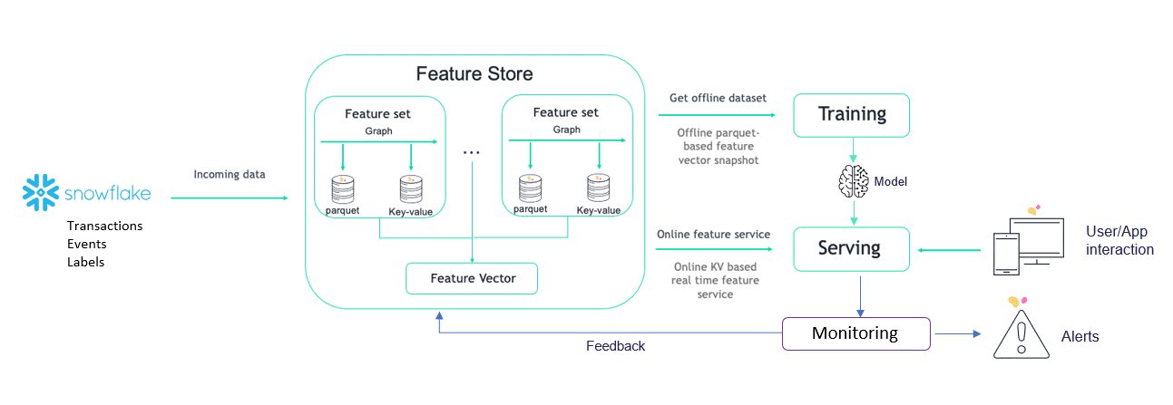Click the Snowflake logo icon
click(x=40, y=193)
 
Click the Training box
click(x=852, y=115)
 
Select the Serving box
click(x=852, y=249)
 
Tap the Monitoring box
click(x=856, y=333)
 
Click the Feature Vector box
click(x=472, y=278)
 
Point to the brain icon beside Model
click(x=854, y=181)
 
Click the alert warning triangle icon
click(x=1021, y=334)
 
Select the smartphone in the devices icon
click(x=1006, y=254)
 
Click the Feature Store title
click(x=474, y=73)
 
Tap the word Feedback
click(x=615, y=346)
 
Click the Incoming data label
click(x=230, y=174)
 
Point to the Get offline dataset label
click(x=718, y=98)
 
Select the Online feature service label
click(x=713, y=234)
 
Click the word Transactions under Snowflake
click(x=104, y=226)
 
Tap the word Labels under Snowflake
click(x=86, y=262)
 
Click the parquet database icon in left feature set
click(x=343, y=188)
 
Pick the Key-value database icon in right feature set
click(x=599, y=188)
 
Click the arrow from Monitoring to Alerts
click(x=958, y=333)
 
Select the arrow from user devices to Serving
click(x=949, y=250)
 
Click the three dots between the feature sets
click(x=472, y=153)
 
